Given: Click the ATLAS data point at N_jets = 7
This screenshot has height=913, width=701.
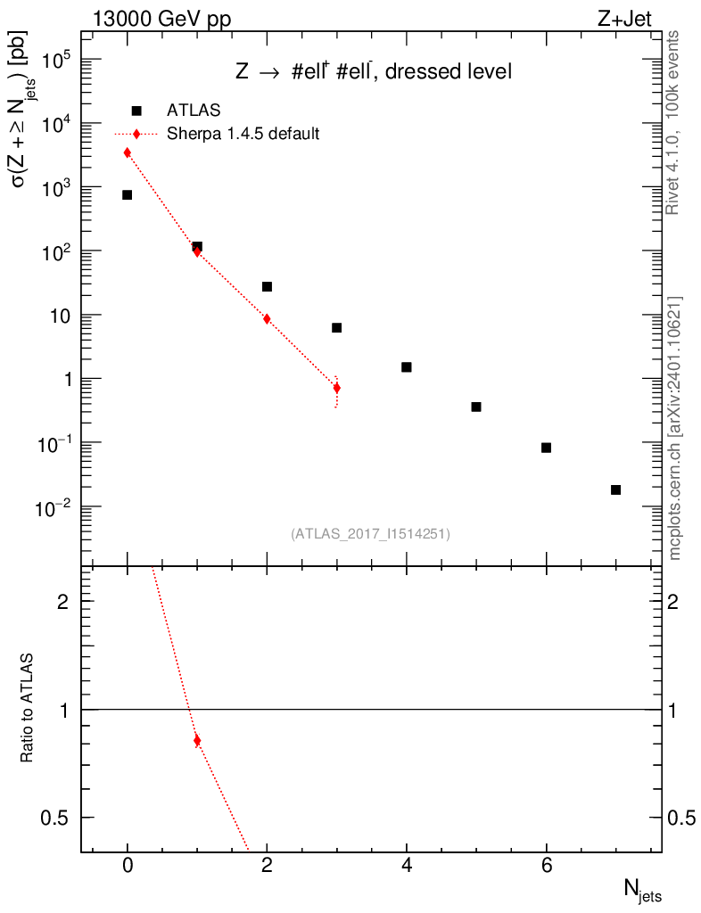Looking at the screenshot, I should pyautogui.click(x=616, y=489).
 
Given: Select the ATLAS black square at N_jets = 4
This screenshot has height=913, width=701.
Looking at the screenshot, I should pyautogui.click(x=407, y=367).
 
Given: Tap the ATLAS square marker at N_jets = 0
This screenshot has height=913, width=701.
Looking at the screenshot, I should pyautogui.click(x=128, y=194).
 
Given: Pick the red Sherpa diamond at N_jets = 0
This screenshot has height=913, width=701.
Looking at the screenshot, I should pyautogui.click(x=128, y=152).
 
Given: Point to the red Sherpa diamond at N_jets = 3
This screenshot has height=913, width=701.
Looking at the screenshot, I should pyautogui.click(x=336, y=388).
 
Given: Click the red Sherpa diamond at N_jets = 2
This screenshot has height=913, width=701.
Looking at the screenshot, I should pyautogui.click(x=267, y=318).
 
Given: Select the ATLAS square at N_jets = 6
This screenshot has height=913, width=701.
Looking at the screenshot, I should pyautogui.click(x=547, y=448).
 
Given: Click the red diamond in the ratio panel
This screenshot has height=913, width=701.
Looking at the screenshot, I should pyautogui.click(x=197, y=741).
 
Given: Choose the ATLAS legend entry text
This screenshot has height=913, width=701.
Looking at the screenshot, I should pyautogui.click(x=194, y=111).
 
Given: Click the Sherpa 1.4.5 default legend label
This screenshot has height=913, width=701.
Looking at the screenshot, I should pyautogui.click(x=243, y=134).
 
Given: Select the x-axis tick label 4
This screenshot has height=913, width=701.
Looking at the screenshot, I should pyautogui.click(x=407, y=866).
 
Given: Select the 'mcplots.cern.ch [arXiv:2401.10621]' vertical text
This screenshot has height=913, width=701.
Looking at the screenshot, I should pyautogui.click(x=675, y=428).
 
